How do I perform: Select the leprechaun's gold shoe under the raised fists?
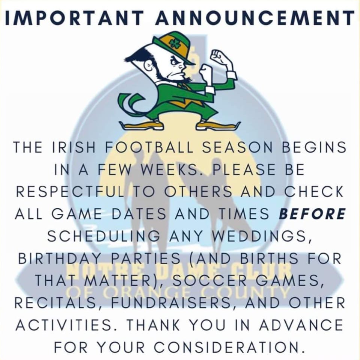point(218,125)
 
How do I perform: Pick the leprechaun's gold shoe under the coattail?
point(142,125)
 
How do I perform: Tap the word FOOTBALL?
point(149,147)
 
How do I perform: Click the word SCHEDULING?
point(104,236)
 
